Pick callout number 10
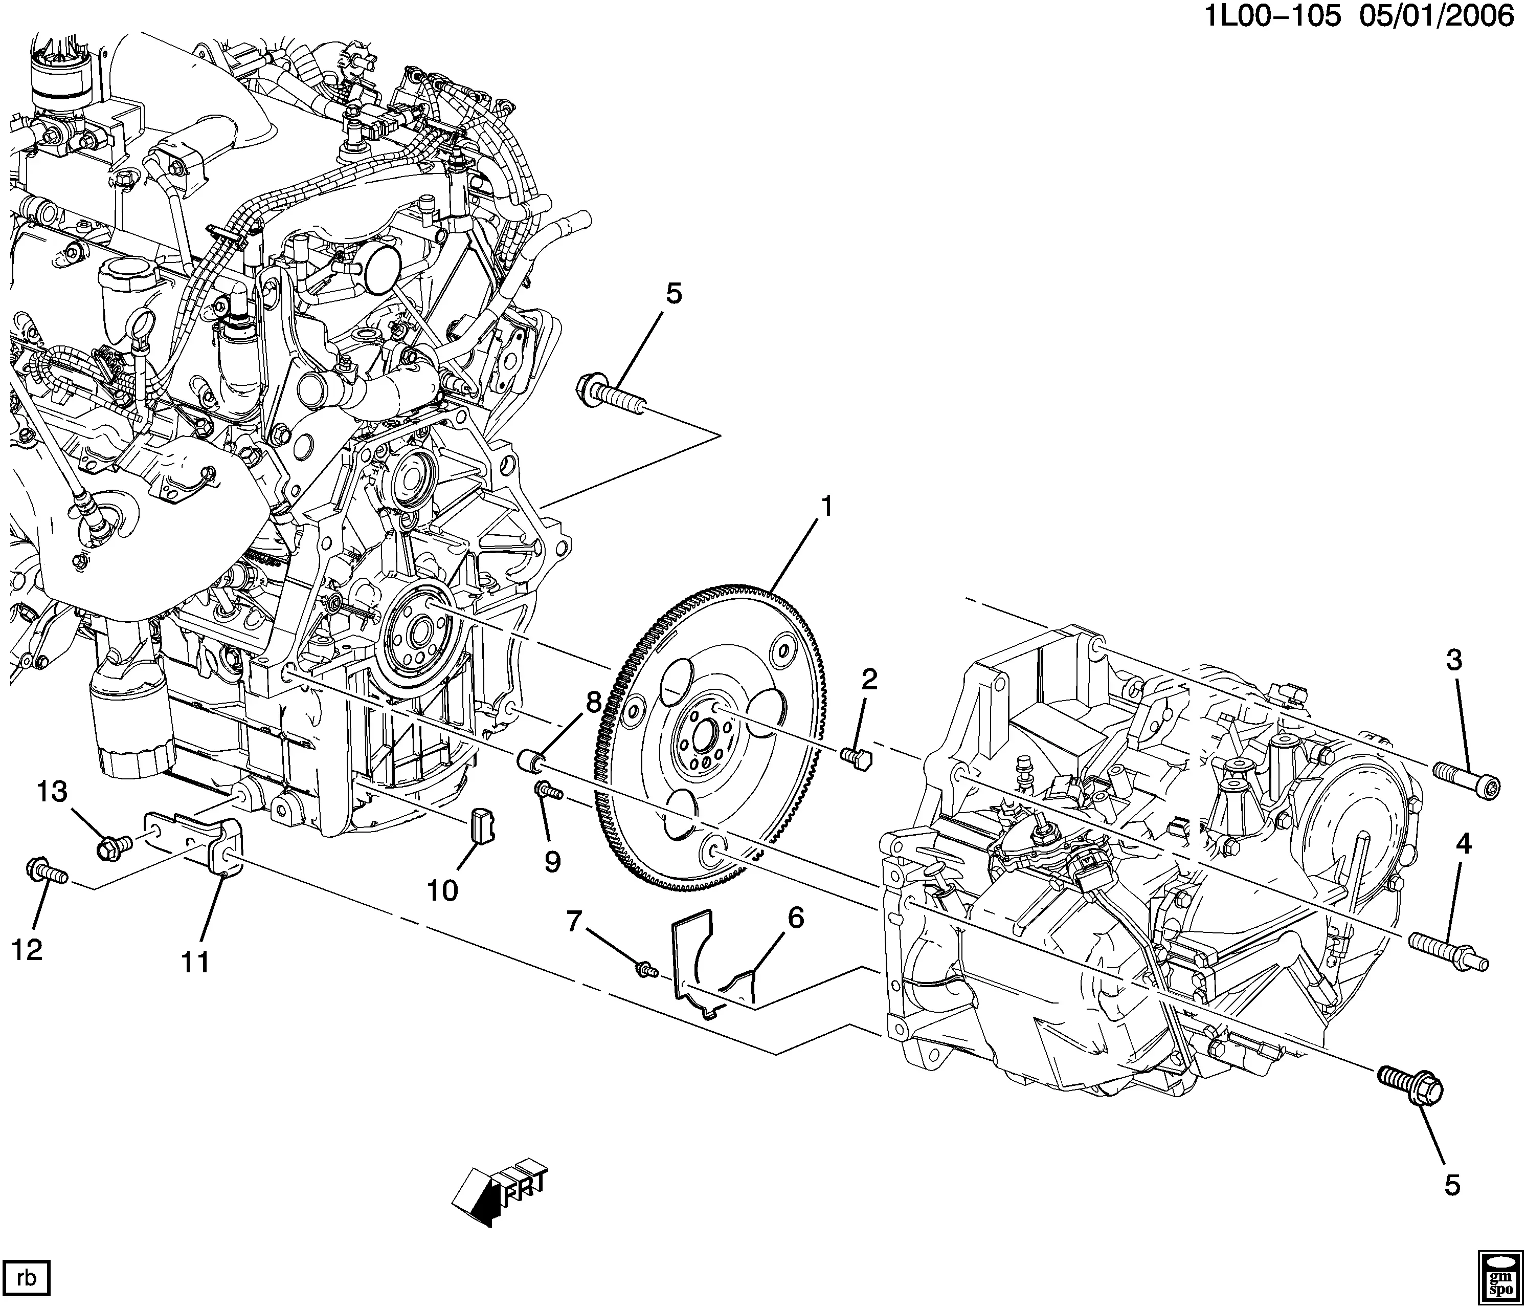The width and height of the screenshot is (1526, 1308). pyautogui.click(x=443, y=890)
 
